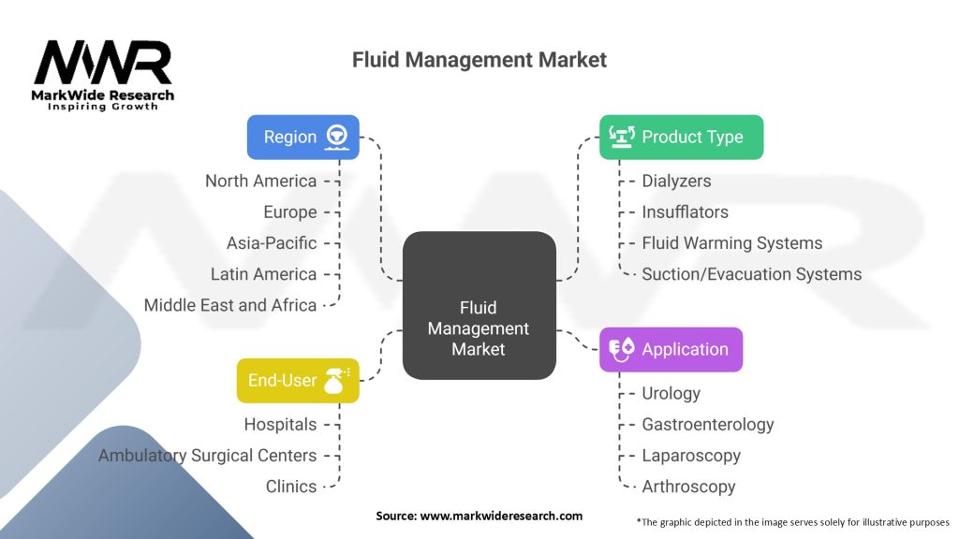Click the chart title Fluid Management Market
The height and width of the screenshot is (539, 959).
(x=479, y=60)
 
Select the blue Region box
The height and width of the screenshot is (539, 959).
(x=302, y=137)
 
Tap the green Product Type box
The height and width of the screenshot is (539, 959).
(x=681, y=137)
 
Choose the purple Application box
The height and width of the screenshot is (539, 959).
(x=671, y=349)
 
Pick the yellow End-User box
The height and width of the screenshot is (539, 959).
(x=297, y=380)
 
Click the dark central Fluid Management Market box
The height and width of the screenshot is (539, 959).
(x=479, y=328)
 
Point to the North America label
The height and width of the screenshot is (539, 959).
(x=260, y=181)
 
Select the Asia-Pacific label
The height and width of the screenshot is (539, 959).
(x=272, y=243)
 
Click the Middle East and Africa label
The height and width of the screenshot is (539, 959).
(x=230, y=305)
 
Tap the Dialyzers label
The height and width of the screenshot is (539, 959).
(x=676, y=181)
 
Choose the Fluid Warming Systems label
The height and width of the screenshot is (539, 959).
(x=731, y=243)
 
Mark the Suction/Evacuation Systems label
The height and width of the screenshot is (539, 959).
(x=751, y=274)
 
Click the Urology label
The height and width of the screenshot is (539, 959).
(x=671, y=393)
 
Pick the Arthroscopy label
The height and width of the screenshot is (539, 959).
(x=688, y=487)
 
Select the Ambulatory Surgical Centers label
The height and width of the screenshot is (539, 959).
(x=207, y=456)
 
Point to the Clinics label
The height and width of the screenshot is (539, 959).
(x=292, y=487)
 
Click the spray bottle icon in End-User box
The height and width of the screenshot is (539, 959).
(x=336, y=380)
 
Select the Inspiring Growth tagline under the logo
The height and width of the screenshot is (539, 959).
(x=103, y=107)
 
